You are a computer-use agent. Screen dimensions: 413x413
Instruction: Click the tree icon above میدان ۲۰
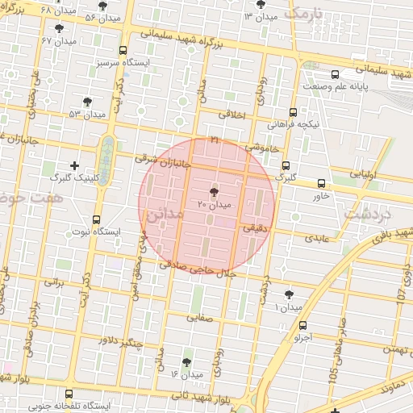pos(213,192)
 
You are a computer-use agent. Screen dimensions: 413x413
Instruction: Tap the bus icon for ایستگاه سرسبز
pos(122,50)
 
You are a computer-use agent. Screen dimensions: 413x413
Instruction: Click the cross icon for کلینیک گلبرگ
pos(75,165)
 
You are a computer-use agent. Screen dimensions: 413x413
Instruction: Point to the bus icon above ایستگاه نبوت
pos(97,219)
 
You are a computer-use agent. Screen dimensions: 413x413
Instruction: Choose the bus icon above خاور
pos(321,183)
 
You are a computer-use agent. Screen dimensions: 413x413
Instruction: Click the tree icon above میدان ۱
pos(288,294)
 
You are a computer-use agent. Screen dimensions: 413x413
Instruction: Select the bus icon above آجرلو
pos(302,326)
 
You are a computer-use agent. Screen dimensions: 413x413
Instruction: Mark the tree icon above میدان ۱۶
pos(187,362)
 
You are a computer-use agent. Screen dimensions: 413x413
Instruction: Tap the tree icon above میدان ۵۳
pos(87,102)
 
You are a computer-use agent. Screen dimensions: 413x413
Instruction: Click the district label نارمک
pos(303,14)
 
